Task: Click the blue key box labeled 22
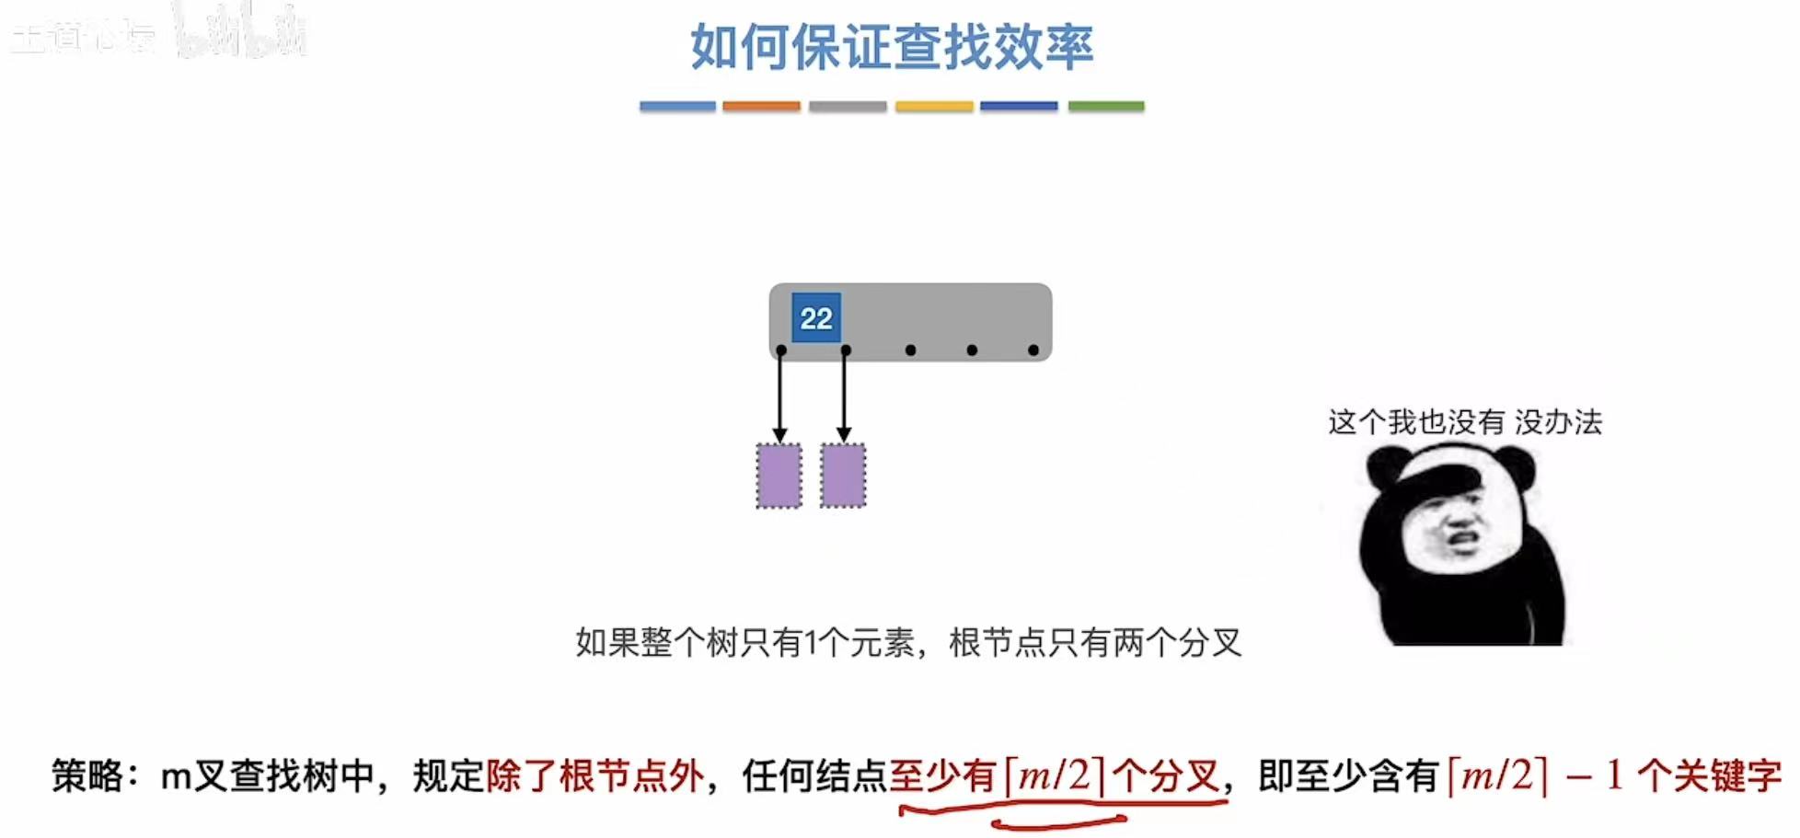pos(816,318)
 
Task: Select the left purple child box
pos(779,476)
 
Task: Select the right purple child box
pos(843,476)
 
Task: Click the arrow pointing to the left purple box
pos(780,396)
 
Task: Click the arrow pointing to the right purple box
pos(845,396)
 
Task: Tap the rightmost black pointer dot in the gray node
pos(1033,350)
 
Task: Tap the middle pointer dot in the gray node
pos(910,350)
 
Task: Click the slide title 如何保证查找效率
pos(892,47)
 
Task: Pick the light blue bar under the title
pos(677,107)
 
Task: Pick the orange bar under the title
pos(761,107)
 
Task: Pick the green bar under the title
pos(1106,107)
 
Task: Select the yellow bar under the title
pos(934,107)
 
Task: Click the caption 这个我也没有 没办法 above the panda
pos(1465,422)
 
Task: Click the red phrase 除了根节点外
pos(594,776)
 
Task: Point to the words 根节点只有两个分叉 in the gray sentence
pos(1095,643)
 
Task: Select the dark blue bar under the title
pos(1019,107)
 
